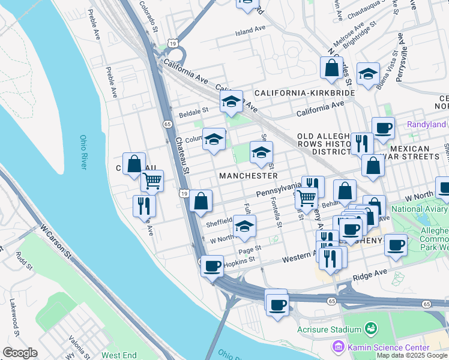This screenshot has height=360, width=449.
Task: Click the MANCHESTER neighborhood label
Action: (x=248, y=176)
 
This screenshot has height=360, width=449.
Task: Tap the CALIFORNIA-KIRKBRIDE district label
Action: (x=304, y=94)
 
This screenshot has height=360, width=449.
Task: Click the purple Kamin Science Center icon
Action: (x=337, y=347)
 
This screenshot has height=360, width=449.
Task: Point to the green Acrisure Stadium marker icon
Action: (x=371, y=329)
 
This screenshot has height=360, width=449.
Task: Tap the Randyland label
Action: (x=426, y=125)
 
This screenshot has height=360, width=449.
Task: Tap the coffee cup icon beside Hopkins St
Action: (x=211, y=266)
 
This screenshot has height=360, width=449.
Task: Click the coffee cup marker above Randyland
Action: (x=383, y=127)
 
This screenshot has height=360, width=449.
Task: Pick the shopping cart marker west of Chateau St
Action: (x=152, y=179)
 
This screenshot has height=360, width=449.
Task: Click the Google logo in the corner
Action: (x=20, y=353)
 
